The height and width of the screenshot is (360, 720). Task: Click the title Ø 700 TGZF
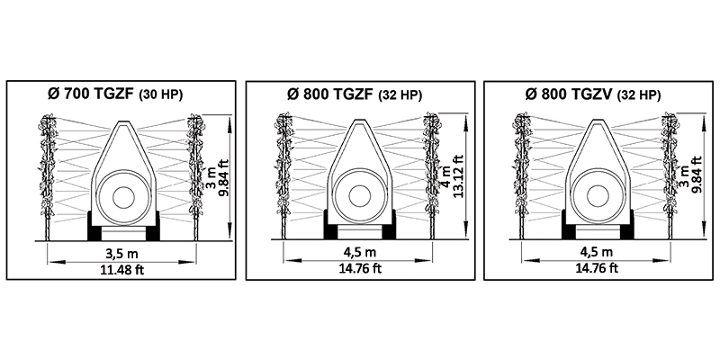tap(91, 94)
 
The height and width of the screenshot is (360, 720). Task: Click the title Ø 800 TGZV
tap(570, 94)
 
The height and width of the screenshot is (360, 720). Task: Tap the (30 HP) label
tap(161, 94)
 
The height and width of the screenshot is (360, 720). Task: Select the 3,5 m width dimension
tap(121, 253)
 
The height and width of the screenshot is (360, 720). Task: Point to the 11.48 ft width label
tap(122, 269)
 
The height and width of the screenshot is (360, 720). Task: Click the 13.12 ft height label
tap(458, 175)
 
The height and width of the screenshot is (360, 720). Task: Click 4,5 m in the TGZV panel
tap(597, 252)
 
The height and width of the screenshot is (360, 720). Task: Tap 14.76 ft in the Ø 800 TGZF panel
tap(359, 268)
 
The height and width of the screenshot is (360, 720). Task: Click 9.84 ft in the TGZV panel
tap(697, 175)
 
